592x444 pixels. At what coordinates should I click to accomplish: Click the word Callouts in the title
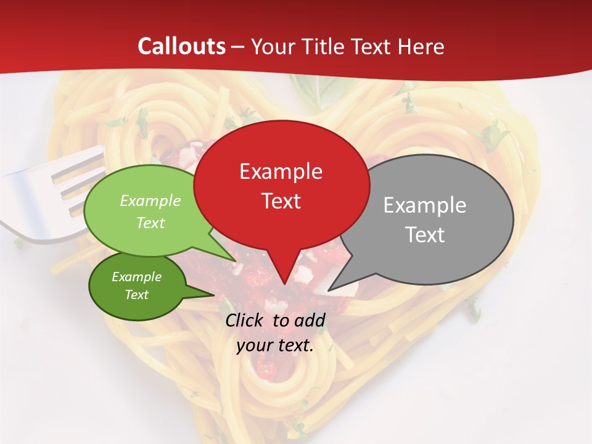click(181, 46)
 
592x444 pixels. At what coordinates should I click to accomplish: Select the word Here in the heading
click(421, 47)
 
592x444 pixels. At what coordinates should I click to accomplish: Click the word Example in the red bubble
click(281, 171)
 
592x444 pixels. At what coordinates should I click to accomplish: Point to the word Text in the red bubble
click(281, 201)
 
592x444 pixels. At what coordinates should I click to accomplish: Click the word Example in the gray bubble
click(424, 205)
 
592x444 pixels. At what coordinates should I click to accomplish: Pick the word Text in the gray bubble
click(425, 235)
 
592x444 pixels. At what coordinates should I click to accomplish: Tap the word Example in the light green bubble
click(150, 201)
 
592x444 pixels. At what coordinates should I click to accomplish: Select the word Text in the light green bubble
click(150, 223)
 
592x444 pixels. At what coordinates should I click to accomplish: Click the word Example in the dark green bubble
click(136, 277)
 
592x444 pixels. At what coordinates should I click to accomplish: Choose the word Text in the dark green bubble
click(136, 295)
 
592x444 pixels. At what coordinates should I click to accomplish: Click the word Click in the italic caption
click(245, 320)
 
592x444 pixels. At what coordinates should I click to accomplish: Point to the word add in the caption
click(310, 320)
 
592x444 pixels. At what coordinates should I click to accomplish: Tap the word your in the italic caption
click(253, 345)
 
